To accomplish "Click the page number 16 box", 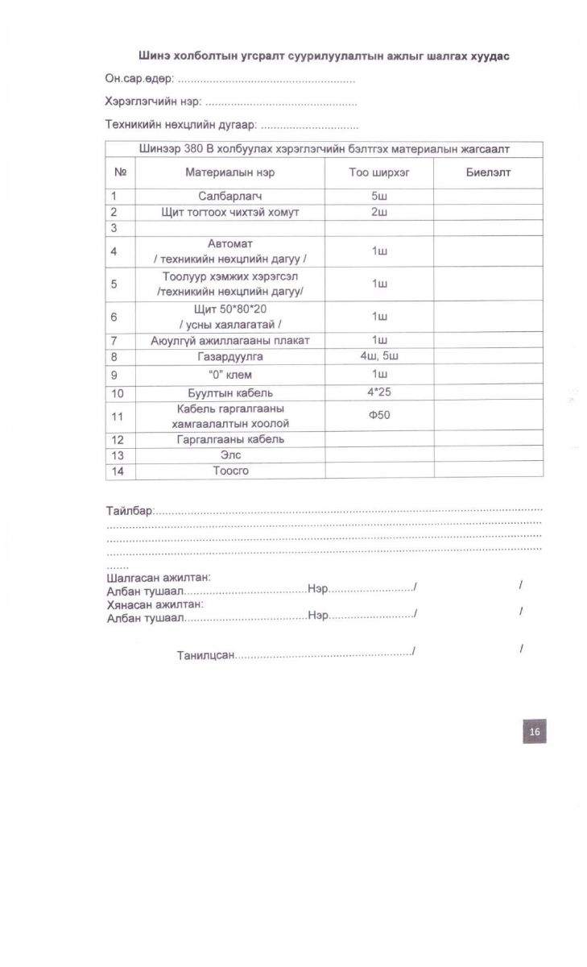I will (534, 732).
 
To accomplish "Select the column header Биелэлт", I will (488, 172).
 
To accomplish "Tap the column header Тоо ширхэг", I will (379, 172).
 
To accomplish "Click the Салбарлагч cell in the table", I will (230, 196).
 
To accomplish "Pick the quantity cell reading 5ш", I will (379, 196).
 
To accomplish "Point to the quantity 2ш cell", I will (379, 212).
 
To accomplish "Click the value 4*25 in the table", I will (379, 392).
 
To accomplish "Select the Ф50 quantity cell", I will (379, 416).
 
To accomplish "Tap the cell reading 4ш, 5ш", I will (379, 356).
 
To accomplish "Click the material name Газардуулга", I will (230, 356).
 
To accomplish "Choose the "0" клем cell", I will (230, 375).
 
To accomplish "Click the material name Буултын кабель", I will (230, 393).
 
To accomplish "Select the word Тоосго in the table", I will (230, 471).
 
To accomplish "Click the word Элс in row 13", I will (230, 455).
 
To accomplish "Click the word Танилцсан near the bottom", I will (205, 656).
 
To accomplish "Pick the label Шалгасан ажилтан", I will (159, 577).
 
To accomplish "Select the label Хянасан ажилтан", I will (155, 604).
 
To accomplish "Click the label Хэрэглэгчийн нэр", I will (153, 102).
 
